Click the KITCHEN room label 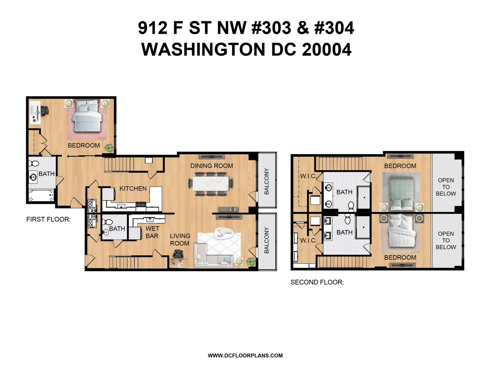133,188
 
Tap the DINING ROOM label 211,166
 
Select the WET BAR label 152,232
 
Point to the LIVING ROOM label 180,240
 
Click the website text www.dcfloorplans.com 245,356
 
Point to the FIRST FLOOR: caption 48,219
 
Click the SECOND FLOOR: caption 317,282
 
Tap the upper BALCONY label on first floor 267,181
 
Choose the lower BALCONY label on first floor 267,240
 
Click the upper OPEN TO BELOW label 446,187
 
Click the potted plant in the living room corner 250,262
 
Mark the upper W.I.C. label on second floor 308,176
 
